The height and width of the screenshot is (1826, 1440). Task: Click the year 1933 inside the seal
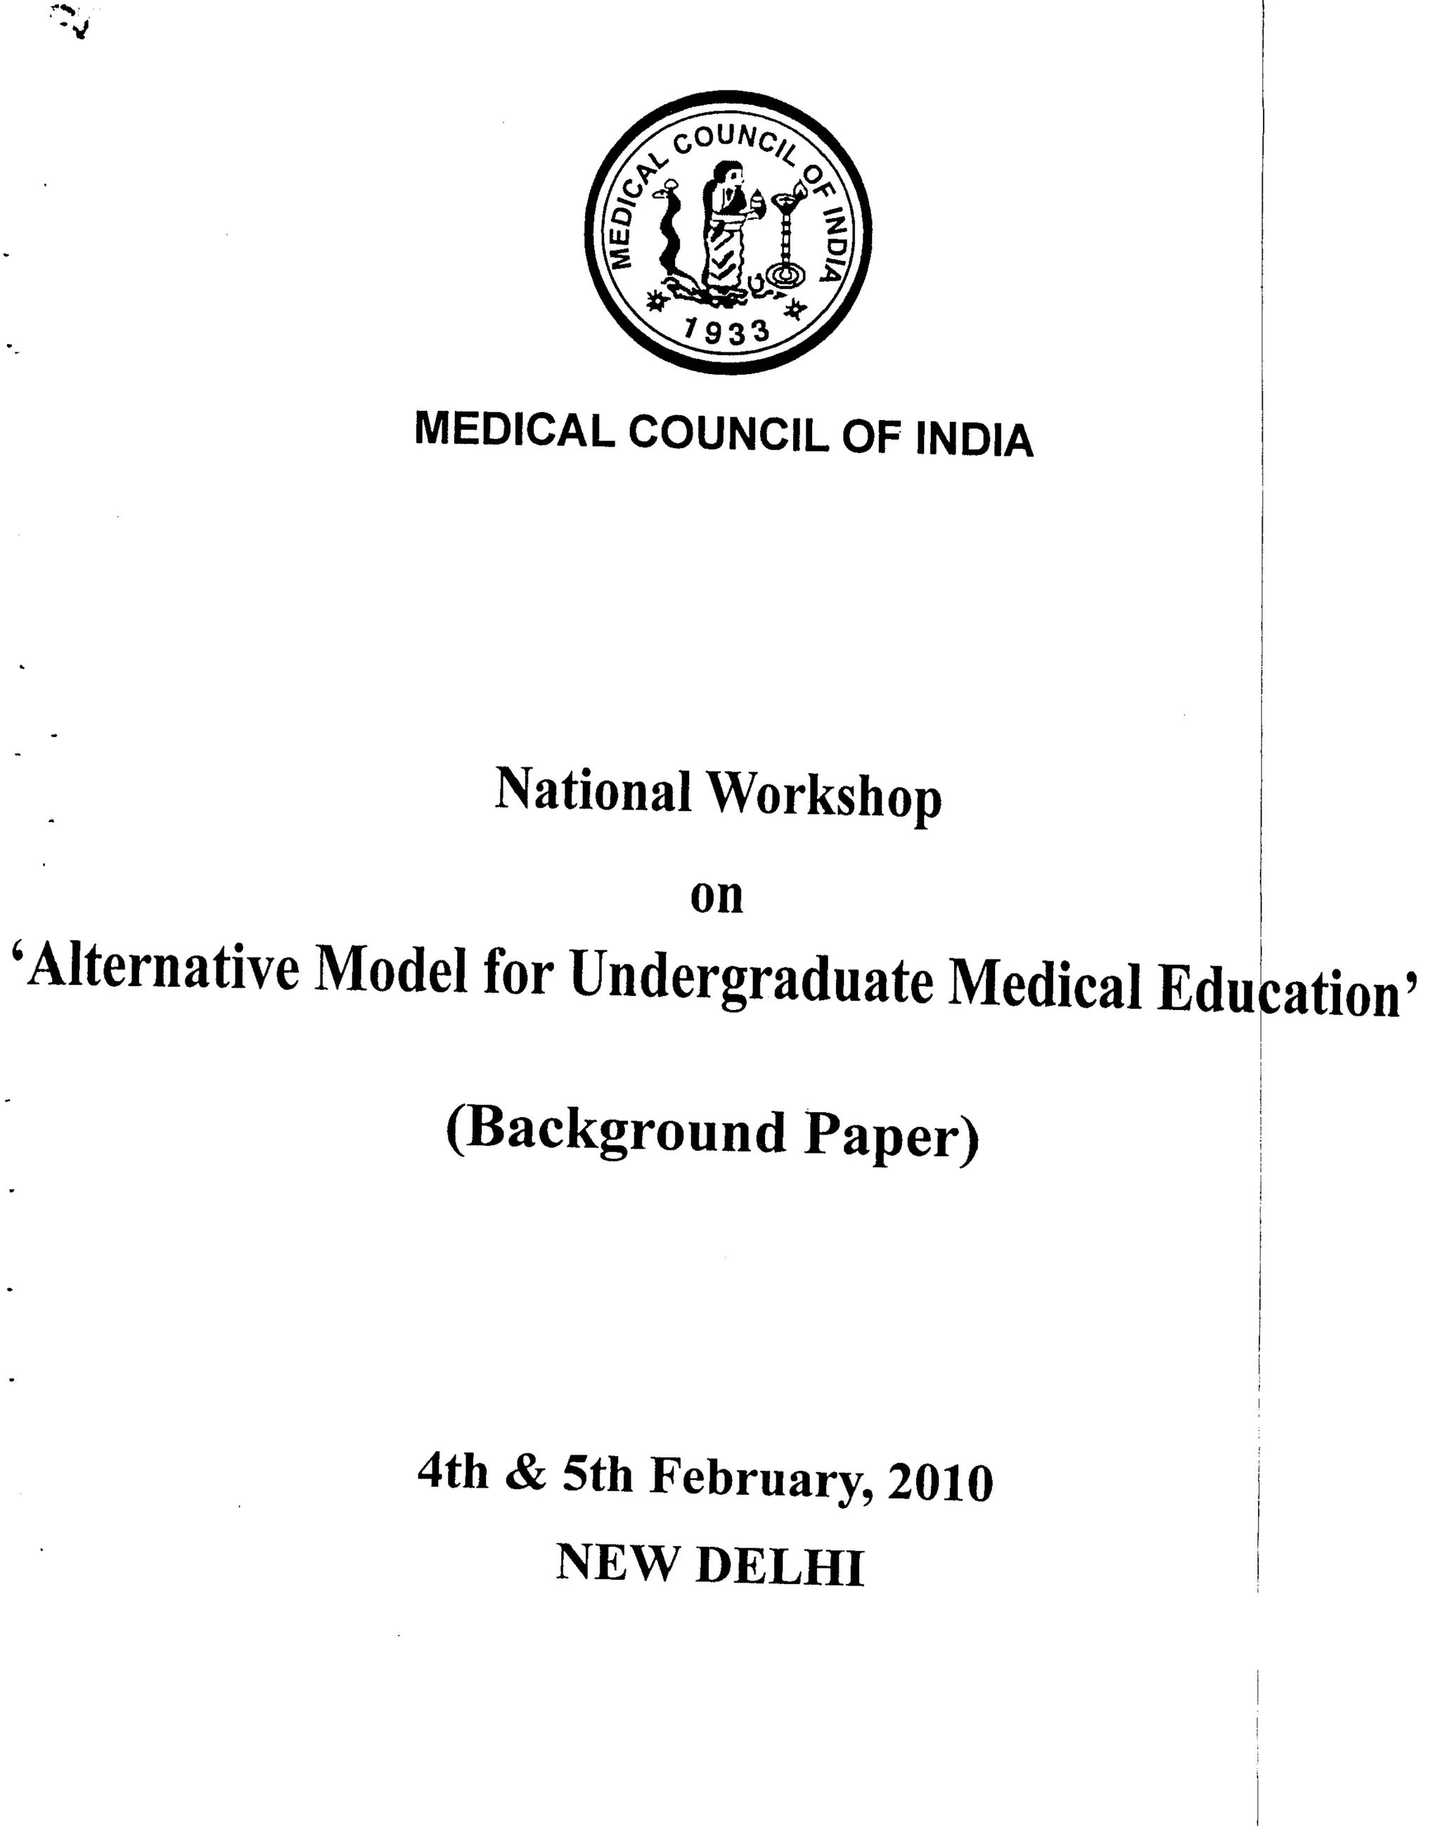tap(727, 331)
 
